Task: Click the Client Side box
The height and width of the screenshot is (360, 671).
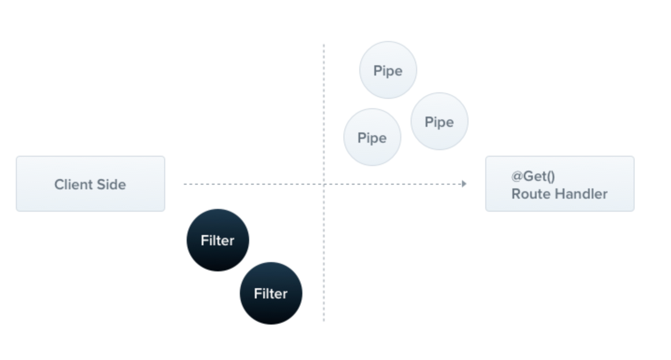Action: [x=91, y=184]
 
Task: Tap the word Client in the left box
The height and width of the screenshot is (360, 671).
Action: [x=73, y=184]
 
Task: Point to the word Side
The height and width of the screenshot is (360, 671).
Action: [x=111, y=184]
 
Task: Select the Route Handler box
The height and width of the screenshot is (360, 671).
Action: [x=560, y=184]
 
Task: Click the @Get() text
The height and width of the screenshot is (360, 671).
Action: [x=533, y=176]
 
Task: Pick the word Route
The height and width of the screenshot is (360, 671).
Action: [x=531, y=194]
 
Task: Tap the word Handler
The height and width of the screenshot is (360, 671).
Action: [x=581, y=194]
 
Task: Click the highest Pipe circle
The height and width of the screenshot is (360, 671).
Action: [x=388, y=70]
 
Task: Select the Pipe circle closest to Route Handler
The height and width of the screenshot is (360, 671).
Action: [x=440, y=121]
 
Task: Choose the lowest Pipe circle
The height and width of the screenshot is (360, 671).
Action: [x=372, y=137]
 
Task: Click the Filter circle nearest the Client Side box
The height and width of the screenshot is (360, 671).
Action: [x=218, y=240]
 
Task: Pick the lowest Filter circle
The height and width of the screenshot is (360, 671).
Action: [x=271, y=293]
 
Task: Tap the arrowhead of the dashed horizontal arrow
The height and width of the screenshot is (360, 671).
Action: [x=464, y=184]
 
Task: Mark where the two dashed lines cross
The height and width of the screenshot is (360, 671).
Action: [x=324, y=184]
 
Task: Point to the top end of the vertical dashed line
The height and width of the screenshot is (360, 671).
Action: [x=324, y=44]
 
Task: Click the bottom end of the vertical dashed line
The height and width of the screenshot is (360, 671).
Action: [x=324, y=321]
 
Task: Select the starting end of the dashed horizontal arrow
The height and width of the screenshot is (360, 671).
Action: [x=184, y=184]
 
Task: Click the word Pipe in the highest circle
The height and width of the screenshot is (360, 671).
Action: [x=388, y=71]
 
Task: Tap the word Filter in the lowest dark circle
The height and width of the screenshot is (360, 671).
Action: [x=271, y=294]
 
